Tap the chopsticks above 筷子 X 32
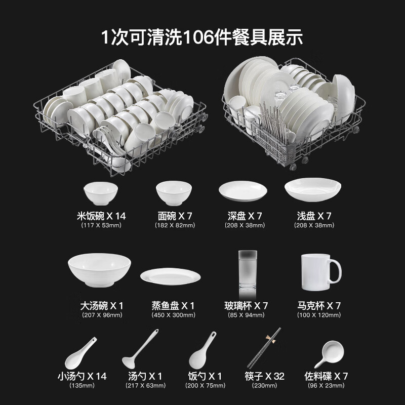click(263, 348)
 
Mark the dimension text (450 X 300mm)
click(173, 315)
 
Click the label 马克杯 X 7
click(319, 306)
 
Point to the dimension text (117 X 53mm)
click(101, 225)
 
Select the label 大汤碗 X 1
click(102, 306)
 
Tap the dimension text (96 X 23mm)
click(327, 386)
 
